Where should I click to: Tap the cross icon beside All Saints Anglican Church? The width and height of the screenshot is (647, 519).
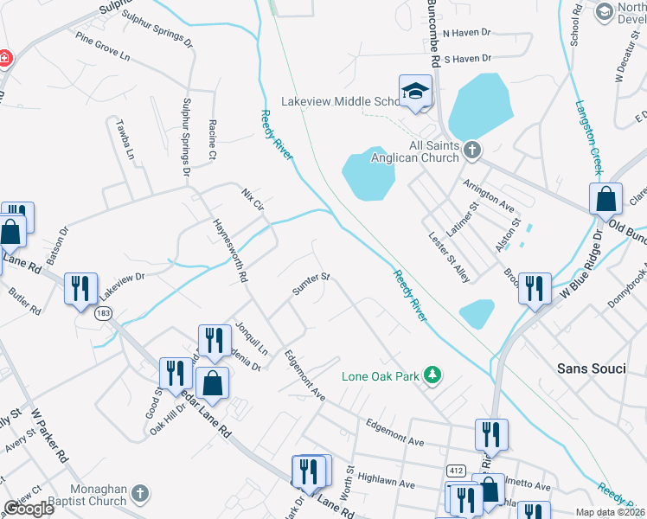[x=471, y=151]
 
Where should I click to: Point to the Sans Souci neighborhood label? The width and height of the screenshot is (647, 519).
[x=590, y=368]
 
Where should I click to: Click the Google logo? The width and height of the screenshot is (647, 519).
[x=29, y=509]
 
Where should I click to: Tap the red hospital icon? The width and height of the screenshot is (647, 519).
[x=4, y=58]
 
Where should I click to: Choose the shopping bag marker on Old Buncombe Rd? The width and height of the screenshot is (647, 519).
[x=606, y=199]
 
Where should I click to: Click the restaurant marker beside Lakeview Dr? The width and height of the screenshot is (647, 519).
[x=81, y=289]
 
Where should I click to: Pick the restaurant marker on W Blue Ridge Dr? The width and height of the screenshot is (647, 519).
[x=535, y=289]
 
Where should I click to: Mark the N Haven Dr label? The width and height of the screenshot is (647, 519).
[x=465, y=33]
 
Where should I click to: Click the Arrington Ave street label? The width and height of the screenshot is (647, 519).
[x=489, y=196]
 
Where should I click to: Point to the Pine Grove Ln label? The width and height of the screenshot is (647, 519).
[x=102, y=47]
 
